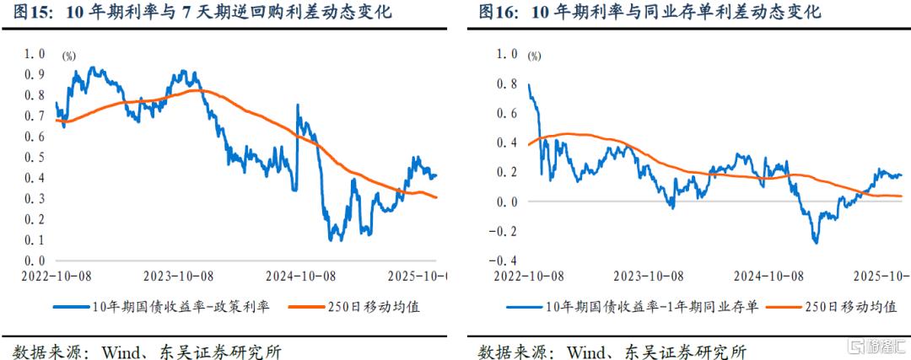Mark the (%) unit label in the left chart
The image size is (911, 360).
[69, 56]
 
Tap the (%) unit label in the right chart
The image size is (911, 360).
[535, 56]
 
